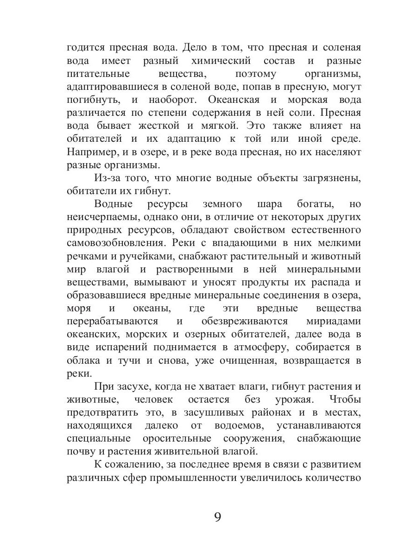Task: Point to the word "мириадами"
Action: point(334,321)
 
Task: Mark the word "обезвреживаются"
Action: point(245,321)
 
